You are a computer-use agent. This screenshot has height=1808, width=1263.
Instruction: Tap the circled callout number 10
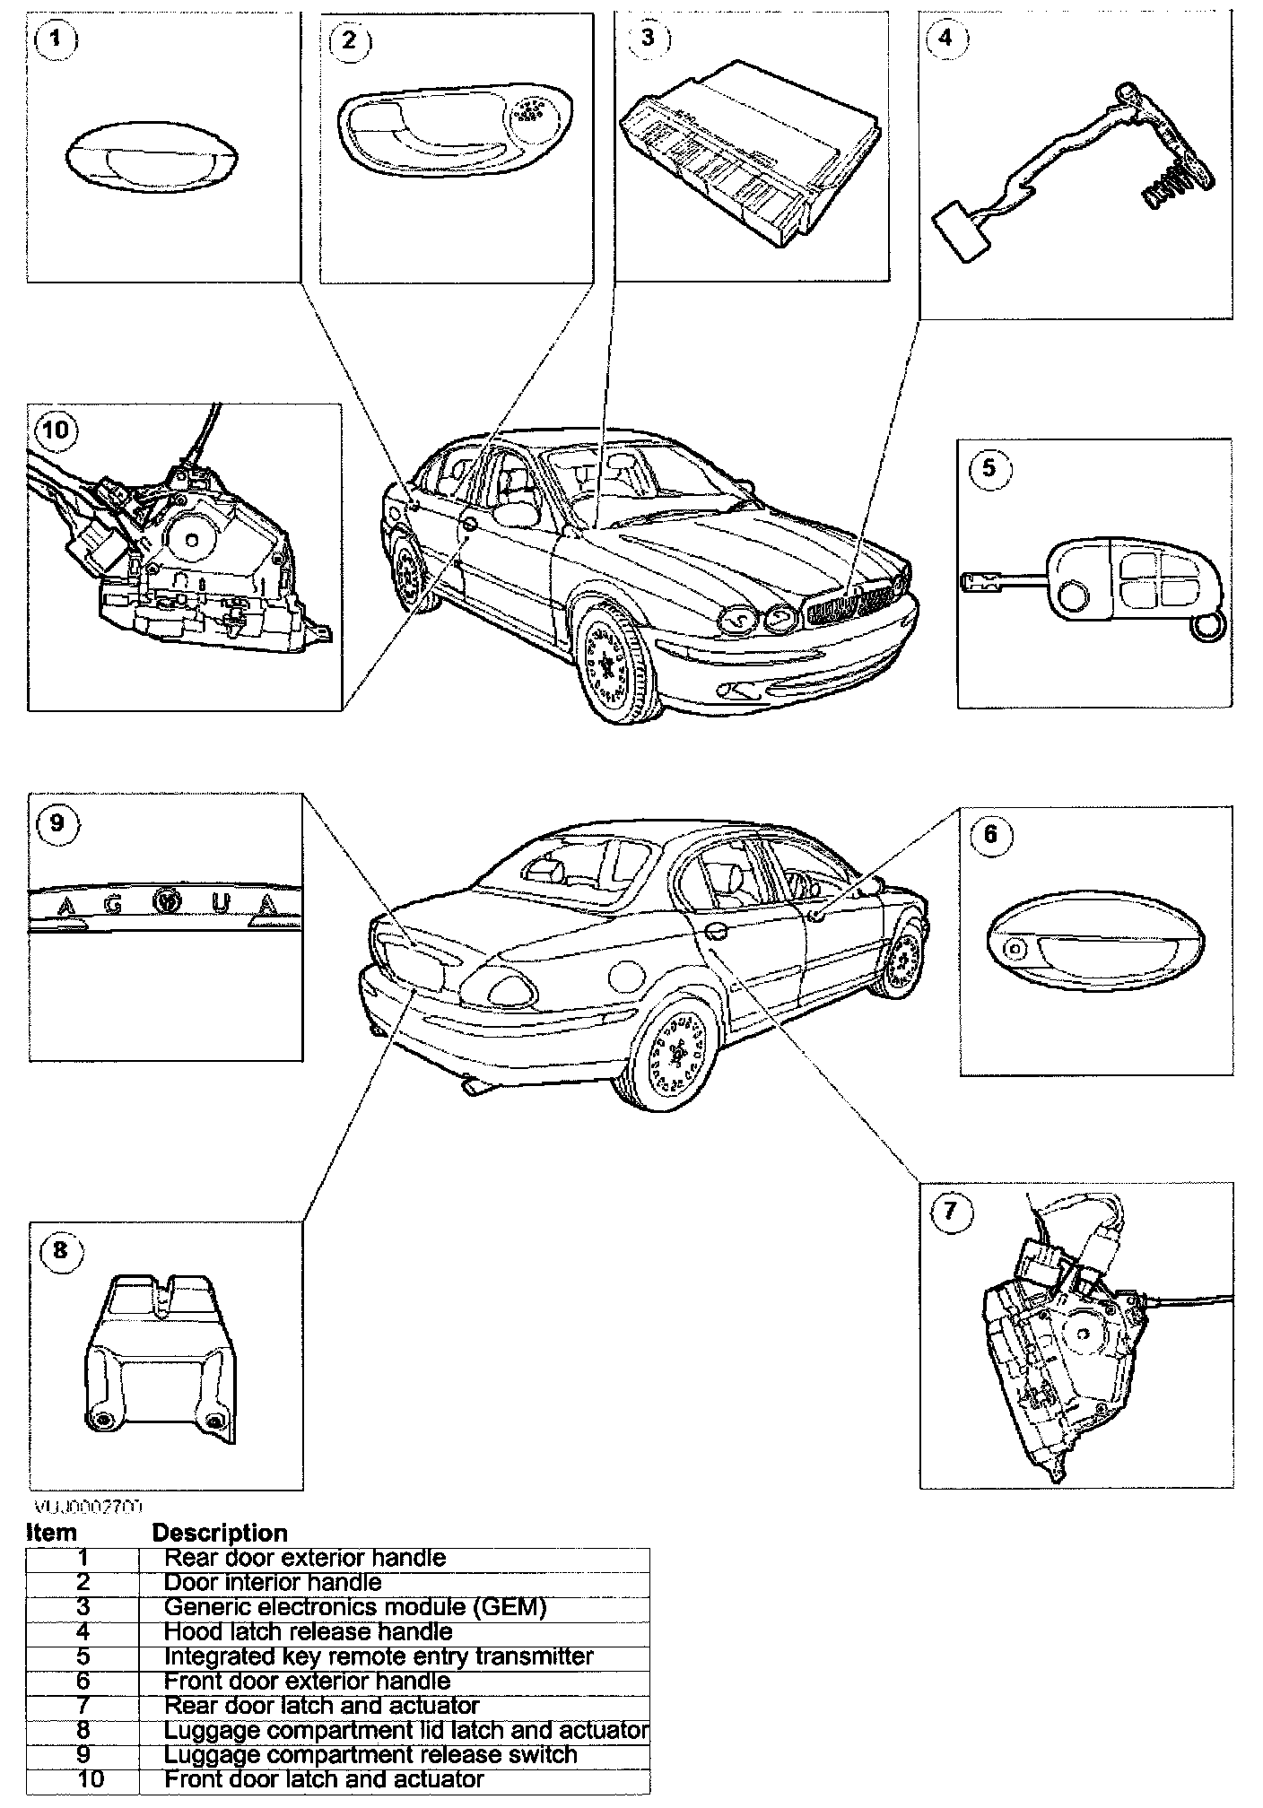coord(55,430)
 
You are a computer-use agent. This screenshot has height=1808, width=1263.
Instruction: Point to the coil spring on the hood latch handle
coord(1167,187)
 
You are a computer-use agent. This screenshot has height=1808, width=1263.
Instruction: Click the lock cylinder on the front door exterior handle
coord(1015,948)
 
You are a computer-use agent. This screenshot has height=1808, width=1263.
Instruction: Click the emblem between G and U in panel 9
coord(165,900)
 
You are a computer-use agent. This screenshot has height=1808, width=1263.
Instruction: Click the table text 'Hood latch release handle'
coord(308,1632)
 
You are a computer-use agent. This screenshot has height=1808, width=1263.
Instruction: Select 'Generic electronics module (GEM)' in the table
coord(355,1607)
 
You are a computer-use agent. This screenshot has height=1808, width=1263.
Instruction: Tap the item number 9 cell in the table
coord(83,1754)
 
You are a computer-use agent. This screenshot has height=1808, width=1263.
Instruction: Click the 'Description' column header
coord(220,1533)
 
